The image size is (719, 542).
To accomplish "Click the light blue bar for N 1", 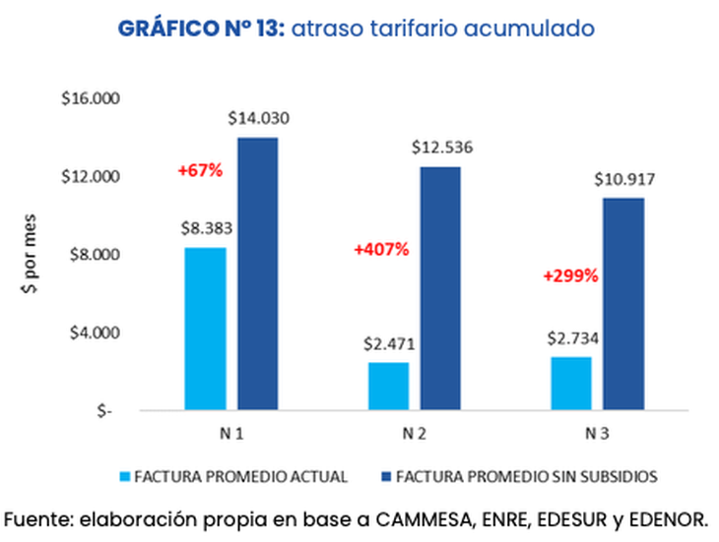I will [x=205, y=329].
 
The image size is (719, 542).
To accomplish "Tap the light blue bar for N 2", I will [x=388, y=386].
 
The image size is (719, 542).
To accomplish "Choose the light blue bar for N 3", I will [x=570, y=383].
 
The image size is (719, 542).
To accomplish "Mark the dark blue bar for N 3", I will [x=623, y=304].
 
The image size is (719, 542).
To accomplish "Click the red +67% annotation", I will [x=200, y=170].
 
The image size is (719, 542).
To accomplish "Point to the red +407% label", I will [x=380, y=249].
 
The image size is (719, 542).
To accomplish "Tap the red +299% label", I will [x=570, y=276].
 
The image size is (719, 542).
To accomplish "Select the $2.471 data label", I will [x=388, y=344].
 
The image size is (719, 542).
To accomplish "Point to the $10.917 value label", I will [x=624, y=180].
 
